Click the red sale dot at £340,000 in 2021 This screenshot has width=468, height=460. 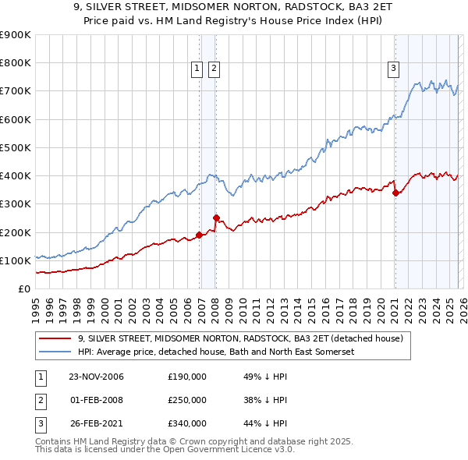click(395, 193)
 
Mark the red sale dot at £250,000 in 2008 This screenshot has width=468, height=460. click(216, 218)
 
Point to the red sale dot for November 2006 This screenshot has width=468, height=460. click(200, 235)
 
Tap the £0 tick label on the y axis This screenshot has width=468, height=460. click(23, 288)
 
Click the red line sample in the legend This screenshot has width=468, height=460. click(56, 339)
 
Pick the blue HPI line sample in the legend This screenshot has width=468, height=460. click(56, 352)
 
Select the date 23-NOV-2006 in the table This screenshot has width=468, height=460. click(96, 377)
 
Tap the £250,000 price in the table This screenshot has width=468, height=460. click(187, 400)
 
